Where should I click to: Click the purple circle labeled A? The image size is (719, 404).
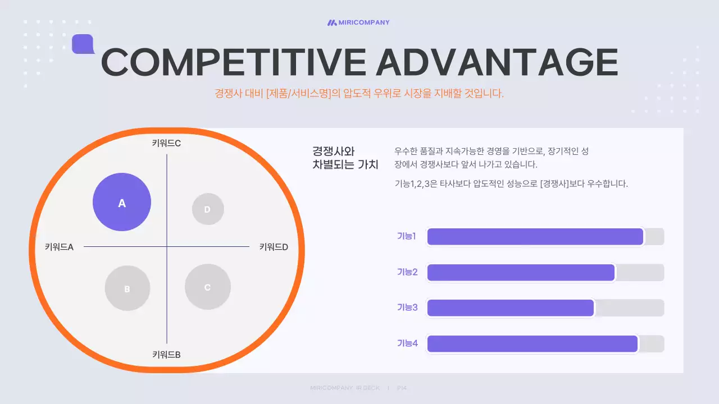point(122,202)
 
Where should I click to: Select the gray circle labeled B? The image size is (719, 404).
point(128,288)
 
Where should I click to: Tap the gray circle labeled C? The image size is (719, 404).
point(208,287)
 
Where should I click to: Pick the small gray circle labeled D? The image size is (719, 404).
point(208,209)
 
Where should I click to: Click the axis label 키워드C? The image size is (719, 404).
point(166,143)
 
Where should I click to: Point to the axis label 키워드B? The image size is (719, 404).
point(166,355)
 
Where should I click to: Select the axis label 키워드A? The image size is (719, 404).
point(59,246)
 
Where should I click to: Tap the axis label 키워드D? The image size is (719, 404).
point(274,246)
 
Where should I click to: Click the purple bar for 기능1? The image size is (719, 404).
point(535,237)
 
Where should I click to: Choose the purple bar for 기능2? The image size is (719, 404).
point(521,273)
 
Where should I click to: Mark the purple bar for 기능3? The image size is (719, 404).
point(510,308)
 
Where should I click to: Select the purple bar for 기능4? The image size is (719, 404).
point(532,344)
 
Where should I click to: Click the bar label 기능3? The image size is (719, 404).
point(407,307)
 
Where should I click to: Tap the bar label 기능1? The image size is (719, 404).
point(406,236)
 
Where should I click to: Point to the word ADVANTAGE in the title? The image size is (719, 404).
point(497,62)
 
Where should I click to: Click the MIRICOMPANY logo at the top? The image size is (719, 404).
point(358,22)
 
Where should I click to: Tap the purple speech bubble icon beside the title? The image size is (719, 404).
point(83,44)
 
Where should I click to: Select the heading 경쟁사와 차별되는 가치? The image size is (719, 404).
point(345,158)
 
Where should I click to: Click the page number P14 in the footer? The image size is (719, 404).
point(402,388)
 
